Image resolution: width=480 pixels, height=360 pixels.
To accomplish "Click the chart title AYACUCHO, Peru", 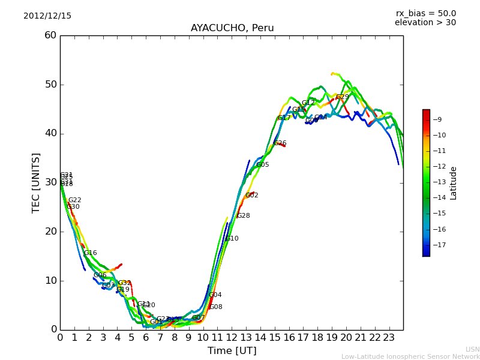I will pyautogui.click(x=232, y=28).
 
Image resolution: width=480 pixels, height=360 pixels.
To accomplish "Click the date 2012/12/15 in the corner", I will pyautogui.click(x=47, y=16).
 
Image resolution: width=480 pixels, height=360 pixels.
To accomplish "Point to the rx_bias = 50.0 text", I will pyautogui.click(x=425, y=14).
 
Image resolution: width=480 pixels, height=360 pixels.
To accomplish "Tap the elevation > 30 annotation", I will pyautogui.click(x=425, y=23).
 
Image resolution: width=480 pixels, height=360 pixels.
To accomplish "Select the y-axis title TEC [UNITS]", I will pyautogui.click(x=37, y=182).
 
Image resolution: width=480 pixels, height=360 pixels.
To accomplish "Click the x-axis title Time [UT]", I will pyautogui.click(x=232, y=351).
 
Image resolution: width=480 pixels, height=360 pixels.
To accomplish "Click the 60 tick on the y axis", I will pyautogui.click(x=50, y=35).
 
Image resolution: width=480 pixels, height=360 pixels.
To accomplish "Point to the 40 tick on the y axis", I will pyautogui.click(x=50, y=133).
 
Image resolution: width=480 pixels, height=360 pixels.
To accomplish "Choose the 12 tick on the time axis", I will pyautogui.click(x=232, y=337).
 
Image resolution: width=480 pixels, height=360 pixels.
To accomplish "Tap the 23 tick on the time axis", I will pyautogui.click(x=389, y=337).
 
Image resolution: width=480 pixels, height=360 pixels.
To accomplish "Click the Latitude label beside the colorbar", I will pyautogui.click(x=454, y=183).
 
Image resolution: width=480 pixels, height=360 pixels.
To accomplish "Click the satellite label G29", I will pyautogui.click(x=342, y=97).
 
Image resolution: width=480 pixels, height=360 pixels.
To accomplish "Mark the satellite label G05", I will pyautogui.click(x=263, y=165).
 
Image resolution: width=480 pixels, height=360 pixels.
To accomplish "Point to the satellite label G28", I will pyautogui.click(x=243, y=216).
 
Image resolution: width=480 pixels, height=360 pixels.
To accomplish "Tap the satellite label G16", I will pyautogui.click(x=90, y=253).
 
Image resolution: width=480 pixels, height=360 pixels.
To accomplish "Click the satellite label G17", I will pyautogui.click(x=284, y=118).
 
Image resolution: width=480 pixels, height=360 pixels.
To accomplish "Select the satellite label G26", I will pyautogui.click(x=280, y=143).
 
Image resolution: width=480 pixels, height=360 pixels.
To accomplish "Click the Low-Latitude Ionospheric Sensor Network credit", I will pyautogui.click(x=410, y=356).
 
